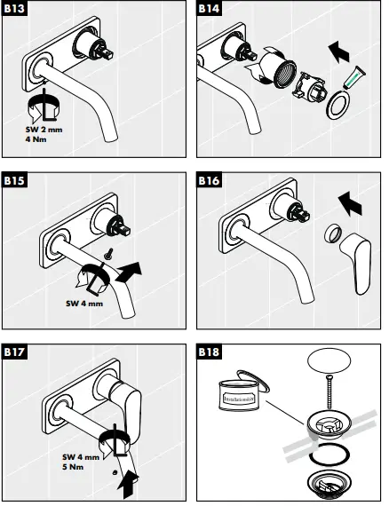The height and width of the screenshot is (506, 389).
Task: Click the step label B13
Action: (15, 10)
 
